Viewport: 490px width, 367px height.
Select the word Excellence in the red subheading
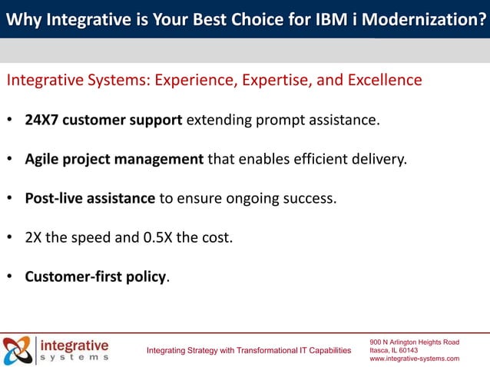coord(382,81)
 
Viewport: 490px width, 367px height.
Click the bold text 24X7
coord(42,121)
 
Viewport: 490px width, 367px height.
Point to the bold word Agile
coord(43,160)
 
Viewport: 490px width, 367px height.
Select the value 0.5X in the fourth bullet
coord(158,237)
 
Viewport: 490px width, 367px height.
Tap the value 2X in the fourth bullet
coord(33,237)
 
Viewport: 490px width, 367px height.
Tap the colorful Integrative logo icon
coord(17,350)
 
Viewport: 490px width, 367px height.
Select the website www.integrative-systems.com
coord(414,359)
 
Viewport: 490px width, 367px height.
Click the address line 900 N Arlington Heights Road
coord(414,341)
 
